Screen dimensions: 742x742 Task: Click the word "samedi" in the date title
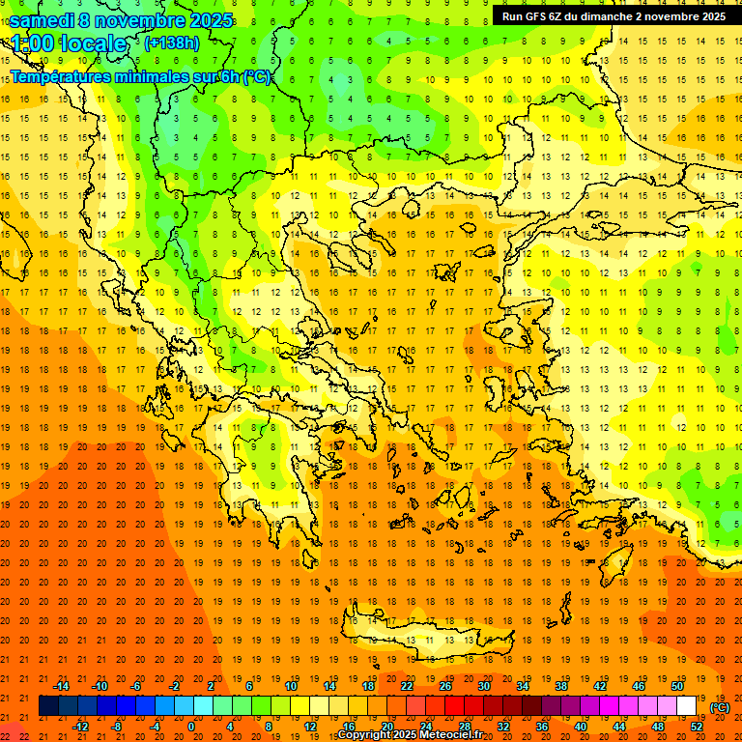(42, 20)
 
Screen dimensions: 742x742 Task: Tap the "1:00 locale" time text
(69, 43)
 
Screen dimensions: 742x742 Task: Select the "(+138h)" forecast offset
(172, 43)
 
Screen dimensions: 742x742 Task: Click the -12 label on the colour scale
(80, 727)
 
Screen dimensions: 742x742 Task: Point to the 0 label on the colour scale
(191, 727)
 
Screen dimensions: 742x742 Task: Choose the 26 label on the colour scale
(445, 686)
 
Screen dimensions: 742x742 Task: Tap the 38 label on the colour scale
(561, 686)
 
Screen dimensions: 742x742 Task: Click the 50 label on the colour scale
(676, 686)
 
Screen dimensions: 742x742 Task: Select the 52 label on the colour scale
(697, 727)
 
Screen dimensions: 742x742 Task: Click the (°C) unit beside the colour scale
(720, 707)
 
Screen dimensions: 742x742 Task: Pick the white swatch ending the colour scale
(686, 706)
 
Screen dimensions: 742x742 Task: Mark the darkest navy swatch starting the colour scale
(48, 706)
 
